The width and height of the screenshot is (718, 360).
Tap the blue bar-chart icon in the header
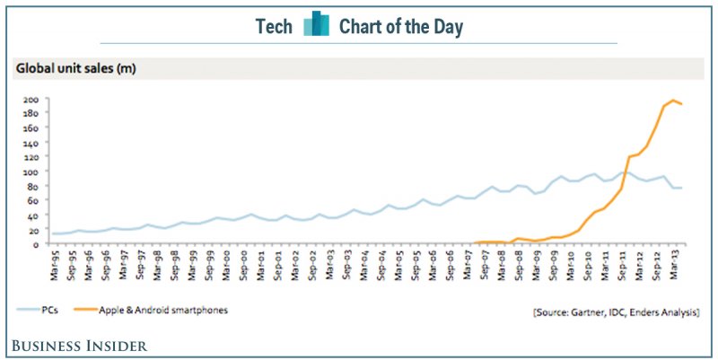(x=316, y=25)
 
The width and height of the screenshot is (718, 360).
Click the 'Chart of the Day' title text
(x=400, y=27)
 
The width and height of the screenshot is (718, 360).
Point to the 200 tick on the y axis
(x=31, y=100)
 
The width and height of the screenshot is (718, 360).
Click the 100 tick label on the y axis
(x=31, y=171)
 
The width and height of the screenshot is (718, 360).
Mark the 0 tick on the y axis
(x=36, y=244)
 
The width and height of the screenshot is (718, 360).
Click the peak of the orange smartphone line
(x=672, y=101)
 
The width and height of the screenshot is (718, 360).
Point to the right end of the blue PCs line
(x=681, y=188)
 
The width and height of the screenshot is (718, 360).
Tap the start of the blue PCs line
(x=53, y=233)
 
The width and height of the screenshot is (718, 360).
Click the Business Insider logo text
(x=79, y=345)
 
